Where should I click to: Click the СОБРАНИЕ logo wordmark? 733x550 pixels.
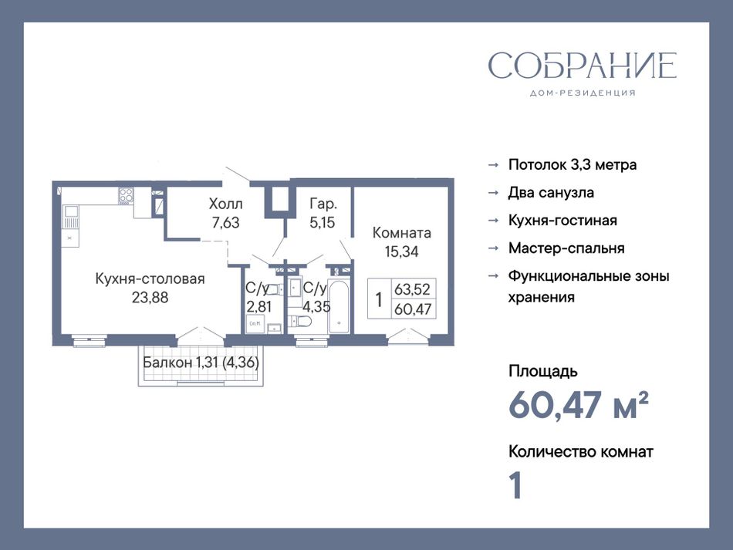(583, 66)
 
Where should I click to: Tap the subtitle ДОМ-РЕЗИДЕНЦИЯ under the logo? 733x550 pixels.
(583, 93)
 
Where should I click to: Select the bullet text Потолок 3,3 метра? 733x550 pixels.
(573, 165)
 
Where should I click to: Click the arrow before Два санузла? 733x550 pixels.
(493, 193)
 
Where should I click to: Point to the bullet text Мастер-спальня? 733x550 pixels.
(566, 248)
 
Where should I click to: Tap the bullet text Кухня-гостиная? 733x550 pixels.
(562, 221)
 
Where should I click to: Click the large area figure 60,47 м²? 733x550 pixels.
(578, 405)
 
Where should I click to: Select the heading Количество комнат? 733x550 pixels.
(580, 452)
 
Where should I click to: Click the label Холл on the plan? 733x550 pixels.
(225, 204)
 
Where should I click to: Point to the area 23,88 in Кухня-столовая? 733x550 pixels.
(150, 298)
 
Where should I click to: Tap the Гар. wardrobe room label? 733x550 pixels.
(323, 204)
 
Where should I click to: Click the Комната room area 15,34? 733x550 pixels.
(401, 252)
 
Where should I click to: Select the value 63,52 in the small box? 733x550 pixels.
(412, 289)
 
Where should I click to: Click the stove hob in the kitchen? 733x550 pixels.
(126, 195)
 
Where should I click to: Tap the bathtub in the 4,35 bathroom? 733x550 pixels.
(339, 306)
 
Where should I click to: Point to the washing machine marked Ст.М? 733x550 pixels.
(255, 324)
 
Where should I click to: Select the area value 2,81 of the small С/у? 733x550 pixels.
(259, 307)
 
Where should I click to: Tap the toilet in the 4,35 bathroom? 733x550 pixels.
(300, 321)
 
